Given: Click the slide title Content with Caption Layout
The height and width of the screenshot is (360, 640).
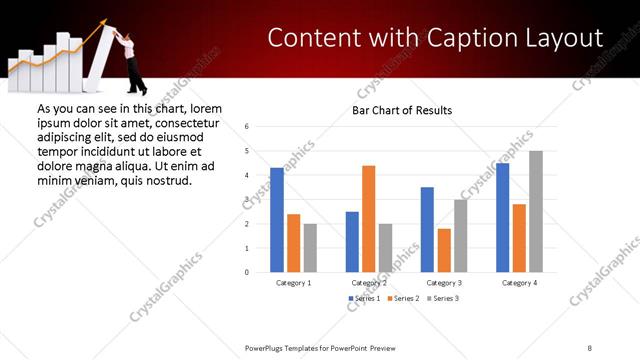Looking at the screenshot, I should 436,38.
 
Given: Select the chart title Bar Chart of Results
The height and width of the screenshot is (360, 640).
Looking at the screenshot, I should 402,110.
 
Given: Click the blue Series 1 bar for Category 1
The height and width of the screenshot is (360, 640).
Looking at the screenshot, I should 277,219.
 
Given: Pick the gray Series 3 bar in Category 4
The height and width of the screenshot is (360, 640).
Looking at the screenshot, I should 536,211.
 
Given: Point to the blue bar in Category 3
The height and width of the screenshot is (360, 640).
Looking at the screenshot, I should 427,229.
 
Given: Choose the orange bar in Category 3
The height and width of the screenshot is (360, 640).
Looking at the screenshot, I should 444,250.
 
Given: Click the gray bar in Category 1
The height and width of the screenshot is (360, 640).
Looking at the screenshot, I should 310,247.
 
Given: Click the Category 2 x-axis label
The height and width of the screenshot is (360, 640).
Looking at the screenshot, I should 368,283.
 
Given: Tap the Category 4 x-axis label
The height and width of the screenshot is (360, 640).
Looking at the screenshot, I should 518,283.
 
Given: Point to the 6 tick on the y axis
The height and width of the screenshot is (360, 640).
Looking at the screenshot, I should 247,127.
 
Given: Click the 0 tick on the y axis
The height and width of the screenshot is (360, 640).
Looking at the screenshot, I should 247,272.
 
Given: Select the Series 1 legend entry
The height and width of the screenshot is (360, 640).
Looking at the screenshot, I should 364,299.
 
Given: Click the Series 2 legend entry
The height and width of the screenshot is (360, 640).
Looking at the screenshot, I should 404,299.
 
